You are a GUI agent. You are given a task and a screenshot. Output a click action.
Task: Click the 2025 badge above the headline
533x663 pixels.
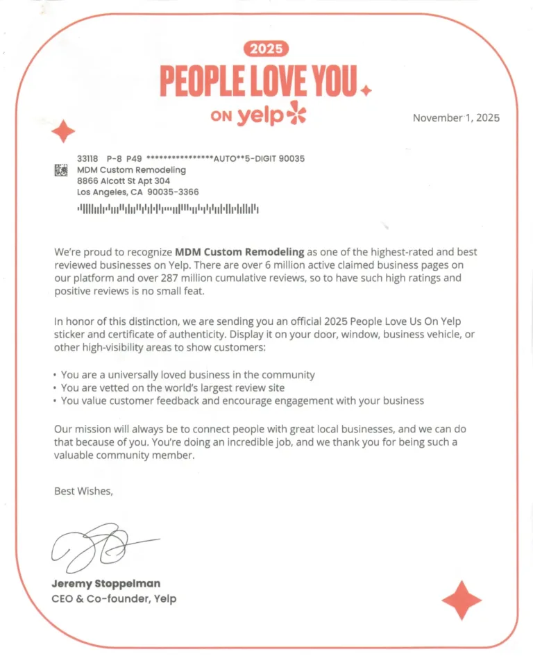[x=266, y=49]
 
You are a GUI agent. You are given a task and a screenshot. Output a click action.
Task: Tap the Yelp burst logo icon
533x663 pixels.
[x=296, y=113]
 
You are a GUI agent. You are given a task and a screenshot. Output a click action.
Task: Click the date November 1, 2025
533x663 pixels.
[x=456, y=117]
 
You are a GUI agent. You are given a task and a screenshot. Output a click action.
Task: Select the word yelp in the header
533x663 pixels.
[x=260, y=116]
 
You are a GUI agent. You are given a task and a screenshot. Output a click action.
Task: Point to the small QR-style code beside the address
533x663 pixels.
[x=61, y=169]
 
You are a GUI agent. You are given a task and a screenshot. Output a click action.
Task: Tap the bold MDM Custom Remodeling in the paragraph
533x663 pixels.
[x=239, y=251]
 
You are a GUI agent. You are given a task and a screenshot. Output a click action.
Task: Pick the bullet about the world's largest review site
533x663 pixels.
[x=173, y=387]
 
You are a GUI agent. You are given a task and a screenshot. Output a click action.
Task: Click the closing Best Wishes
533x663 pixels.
[x=83, y=491]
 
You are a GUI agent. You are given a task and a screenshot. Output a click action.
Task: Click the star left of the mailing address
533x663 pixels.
[x=64, y=131]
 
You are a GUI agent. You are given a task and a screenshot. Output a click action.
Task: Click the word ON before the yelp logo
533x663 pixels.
[x=221, y=117]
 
